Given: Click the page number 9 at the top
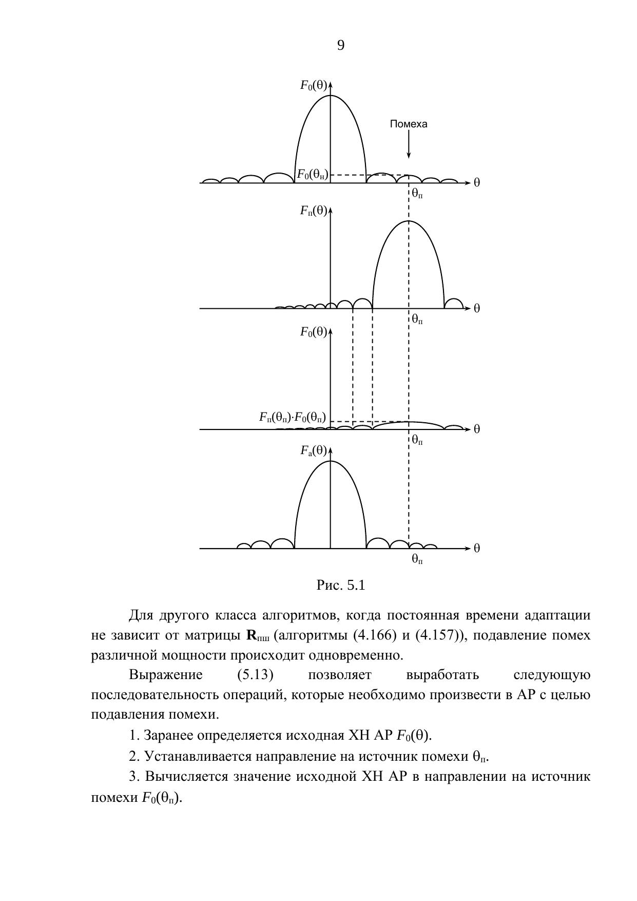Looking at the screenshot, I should pos(341,46).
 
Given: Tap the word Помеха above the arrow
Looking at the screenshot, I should pos(409,124).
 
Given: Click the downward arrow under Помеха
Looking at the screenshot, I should pos(409,144).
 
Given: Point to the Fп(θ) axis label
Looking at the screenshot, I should pos(314,211).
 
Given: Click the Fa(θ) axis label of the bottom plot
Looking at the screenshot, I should pos(314,451).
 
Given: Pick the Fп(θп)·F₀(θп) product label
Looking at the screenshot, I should pos(293,417).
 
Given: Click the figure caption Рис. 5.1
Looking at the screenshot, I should pos(341,585).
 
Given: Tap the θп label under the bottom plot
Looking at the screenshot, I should pos(417,559).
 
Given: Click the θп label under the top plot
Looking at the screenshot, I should pos(417,194).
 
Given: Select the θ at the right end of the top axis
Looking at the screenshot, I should pos(477,183).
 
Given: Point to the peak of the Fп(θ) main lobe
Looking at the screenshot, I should pos(409,221).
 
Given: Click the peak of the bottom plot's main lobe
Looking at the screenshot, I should pos(331,461).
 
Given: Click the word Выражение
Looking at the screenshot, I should pos(166,674).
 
